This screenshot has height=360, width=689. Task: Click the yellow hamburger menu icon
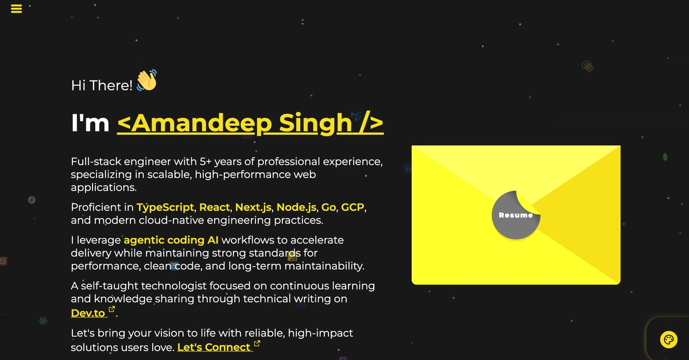point(16,9)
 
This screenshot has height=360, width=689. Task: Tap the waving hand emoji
point(147,80)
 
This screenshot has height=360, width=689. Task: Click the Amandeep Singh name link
point(250,123)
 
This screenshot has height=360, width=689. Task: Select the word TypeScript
point(165,207)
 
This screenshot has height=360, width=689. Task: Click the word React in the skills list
point(214,207)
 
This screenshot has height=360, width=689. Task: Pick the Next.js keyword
point(253,207)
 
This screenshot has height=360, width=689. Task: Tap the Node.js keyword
point(296,207)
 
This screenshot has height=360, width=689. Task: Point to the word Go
point(328,207)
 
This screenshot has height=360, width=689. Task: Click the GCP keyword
point(353,207)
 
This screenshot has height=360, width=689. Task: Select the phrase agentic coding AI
point(171,241)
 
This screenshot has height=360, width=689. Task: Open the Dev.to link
point(88,313)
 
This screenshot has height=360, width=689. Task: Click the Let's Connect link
point(214,347)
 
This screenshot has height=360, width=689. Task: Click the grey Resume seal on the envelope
point(516,215)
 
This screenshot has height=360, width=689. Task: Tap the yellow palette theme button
point(669,340)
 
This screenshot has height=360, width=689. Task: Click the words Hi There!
point(102,86)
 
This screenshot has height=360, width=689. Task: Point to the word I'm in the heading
point(90,123)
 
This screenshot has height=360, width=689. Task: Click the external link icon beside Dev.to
point(112,309)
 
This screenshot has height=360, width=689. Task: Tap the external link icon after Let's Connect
point(257,343)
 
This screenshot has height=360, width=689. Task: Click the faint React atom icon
point(43,321)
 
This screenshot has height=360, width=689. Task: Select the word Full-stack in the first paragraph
point(96,161)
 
